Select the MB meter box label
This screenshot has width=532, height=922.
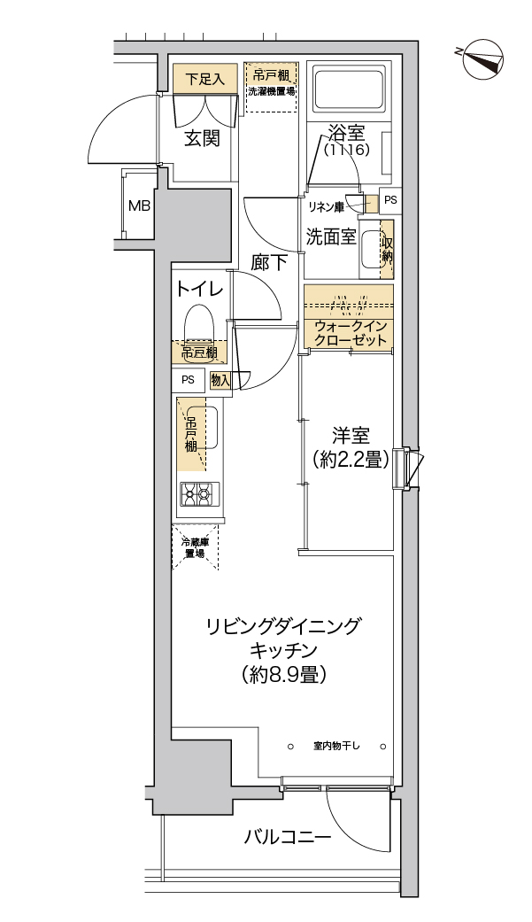(138, 206)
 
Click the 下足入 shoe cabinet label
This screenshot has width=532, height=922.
(204, 78)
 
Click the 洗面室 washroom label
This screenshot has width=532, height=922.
(331, 236)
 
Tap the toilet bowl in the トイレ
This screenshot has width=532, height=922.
(197, 324)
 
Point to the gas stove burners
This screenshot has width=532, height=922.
(197, 493)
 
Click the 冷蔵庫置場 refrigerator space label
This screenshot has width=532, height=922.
(194, 547)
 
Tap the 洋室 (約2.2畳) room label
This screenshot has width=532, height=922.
(351, 447)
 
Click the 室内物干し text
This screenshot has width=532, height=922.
(336, 745)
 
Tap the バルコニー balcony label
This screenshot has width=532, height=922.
(287, 837)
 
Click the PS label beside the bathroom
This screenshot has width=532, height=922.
(390, 201)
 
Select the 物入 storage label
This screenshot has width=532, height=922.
(220, 381)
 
